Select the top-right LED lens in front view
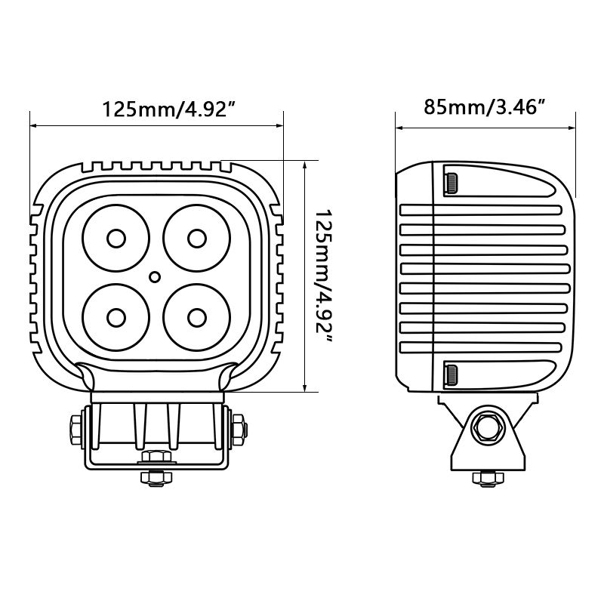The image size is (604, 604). [x=196, y=238]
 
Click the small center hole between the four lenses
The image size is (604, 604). [x=155, y=277]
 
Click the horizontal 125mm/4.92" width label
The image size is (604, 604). [x=165, y=110]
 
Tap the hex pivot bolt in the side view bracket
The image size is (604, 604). [x=484, y=429]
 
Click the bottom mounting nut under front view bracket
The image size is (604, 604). [x=156, y=477]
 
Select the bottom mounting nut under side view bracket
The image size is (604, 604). [x=484, y=477]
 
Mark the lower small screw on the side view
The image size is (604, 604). [x=450, y=374]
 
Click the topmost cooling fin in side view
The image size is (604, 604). [x=483, y=211]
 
